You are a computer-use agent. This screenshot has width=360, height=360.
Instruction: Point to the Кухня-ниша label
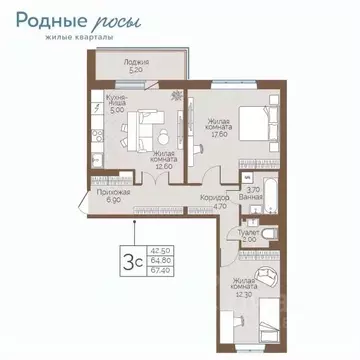click(x=104, y=106)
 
